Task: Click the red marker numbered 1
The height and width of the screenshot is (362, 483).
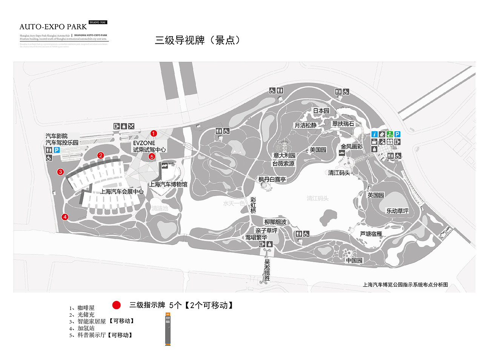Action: point(154,133)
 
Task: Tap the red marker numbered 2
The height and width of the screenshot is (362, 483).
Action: point(100,155)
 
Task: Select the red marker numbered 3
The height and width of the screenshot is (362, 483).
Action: point(60,172)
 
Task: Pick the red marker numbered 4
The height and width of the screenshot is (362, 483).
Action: point(65,217)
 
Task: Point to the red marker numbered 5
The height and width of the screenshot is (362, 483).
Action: point(152,156)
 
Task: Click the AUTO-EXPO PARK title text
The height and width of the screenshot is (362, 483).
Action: point(53,27)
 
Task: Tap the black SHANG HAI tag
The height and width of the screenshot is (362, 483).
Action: point(98,22)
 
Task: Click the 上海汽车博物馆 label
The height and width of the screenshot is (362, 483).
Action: point(168,184)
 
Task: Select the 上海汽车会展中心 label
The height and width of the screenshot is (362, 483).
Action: point(122,192)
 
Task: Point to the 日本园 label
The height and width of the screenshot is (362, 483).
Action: point(321,111)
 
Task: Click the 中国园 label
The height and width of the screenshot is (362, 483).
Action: point(354,261)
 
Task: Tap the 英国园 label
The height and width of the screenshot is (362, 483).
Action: point(376,195)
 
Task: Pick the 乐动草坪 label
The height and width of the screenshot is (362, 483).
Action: point(397,211)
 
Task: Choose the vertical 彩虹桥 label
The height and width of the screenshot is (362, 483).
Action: point(253,206)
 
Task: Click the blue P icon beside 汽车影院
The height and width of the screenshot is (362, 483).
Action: point(57,150)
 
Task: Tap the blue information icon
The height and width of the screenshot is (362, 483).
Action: point(374,134)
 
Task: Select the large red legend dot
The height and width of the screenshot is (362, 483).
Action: point(117,305)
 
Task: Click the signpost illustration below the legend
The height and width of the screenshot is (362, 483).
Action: point(168,329)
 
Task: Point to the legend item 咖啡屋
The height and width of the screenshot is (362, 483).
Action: point(86,308)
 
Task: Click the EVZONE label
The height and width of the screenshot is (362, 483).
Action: point(144,143)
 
